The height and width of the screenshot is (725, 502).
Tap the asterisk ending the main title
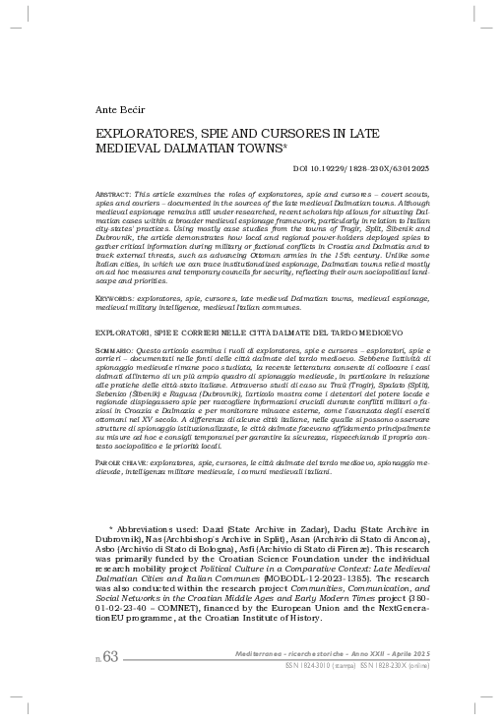(285, 147)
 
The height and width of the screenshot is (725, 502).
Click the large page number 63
(108, 684)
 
